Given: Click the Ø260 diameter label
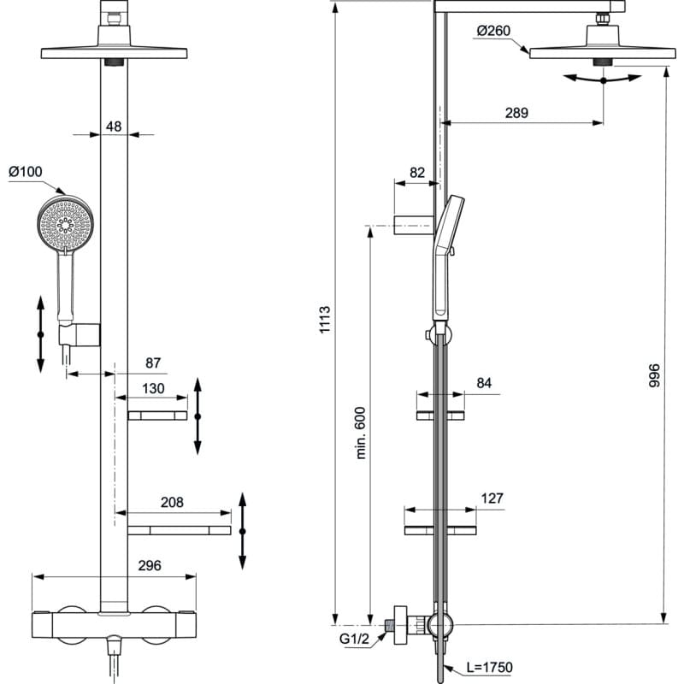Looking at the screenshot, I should coord(493,32).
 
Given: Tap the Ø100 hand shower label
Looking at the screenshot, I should coord(26,172).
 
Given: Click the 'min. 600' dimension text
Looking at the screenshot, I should coord(360,433).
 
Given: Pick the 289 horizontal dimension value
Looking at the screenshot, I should coord(516,112).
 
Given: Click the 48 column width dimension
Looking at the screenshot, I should coord(114,127).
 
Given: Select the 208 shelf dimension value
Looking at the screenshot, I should coord(173,503).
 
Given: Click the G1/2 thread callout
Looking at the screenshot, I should coord(352,637).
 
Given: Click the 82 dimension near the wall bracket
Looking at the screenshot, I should coord(416,172).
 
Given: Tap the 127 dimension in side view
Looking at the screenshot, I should coord(492,498).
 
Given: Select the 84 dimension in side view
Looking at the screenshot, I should coord(484,383).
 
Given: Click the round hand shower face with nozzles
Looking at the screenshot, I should coord(65,224).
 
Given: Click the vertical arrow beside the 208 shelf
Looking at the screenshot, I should coord(243,531).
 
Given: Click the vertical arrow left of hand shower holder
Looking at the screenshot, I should coord(40,333).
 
